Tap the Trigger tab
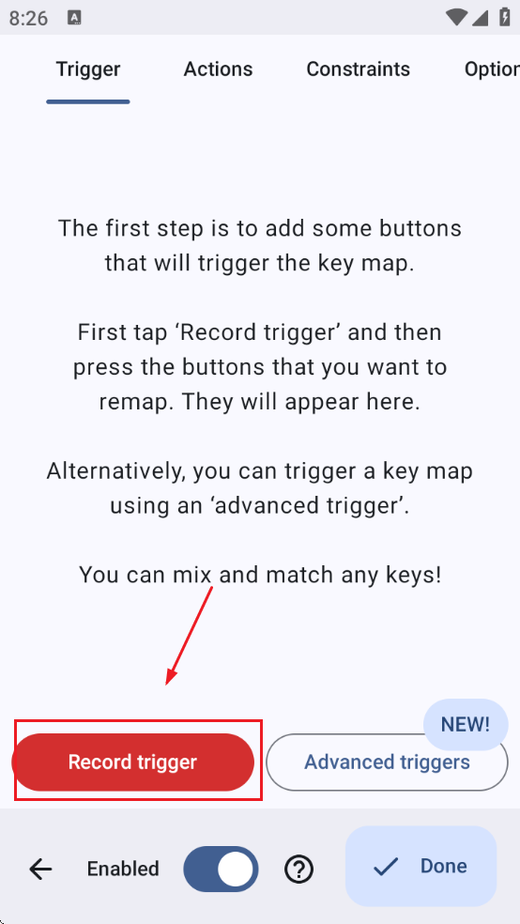point(88,69)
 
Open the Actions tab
point(218,69)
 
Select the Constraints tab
point(358,69)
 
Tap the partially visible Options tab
point(492,69)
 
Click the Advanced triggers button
point(387,762)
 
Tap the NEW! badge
point(466,724)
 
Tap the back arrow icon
point(40,869)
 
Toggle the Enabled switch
point(221,869)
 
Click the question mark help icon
point(298,870)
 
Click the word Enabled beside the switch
point(123,870)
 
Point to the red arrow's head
point(170,681)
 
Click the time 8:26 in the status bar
point(29,18)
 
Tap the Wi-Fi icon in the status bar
point(457,18)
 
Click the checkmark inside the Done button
point(386,867)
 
